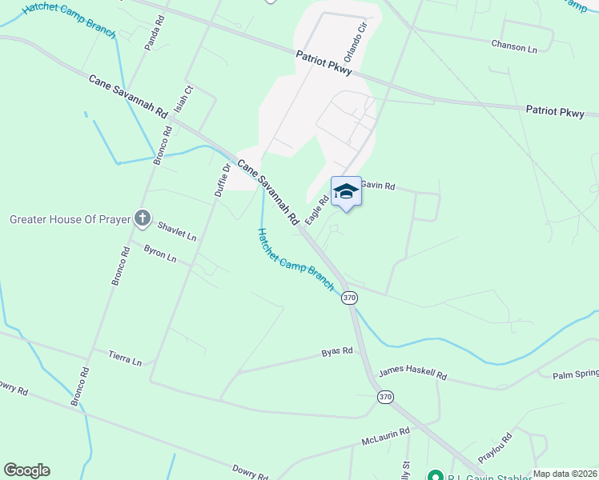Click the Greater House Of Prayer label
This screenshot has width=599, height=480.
click(69, 219)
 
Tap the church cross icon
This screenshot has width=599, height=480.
click(143, 218)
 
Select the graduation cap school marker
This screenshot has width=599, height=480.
click(346, 191)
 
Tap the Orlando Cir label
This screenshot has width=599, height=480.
click(355, 38)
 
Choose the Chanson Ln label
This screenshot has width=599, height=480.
click(514, 48)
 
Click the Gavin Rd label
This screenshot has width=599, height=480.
click(378, 186)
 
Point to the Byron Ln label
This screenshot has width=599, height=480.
click(159, 254)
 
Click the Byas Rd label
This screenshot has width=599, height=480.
click(337, 351)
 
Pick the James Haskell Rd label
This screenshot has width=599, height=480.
click(412, 373)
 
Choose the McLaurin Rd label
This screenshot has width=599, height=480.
click(385, 436)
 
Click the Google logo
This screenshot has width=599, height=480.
click(26, 470)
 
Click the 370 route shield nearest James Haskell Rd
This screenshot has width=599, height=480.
click(386, 398)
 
